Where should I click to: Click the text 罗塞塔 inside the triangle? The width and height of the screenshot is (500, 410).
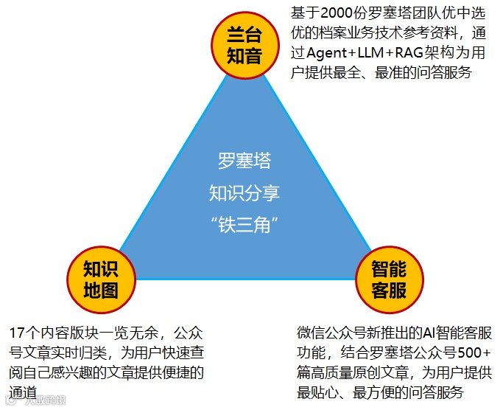(244, 161)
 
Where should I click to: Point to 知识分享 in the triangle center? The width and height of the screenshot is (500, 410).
(244, 194)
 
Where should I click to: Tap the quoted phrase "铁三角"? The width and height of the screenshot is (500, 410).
(244, 226)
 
